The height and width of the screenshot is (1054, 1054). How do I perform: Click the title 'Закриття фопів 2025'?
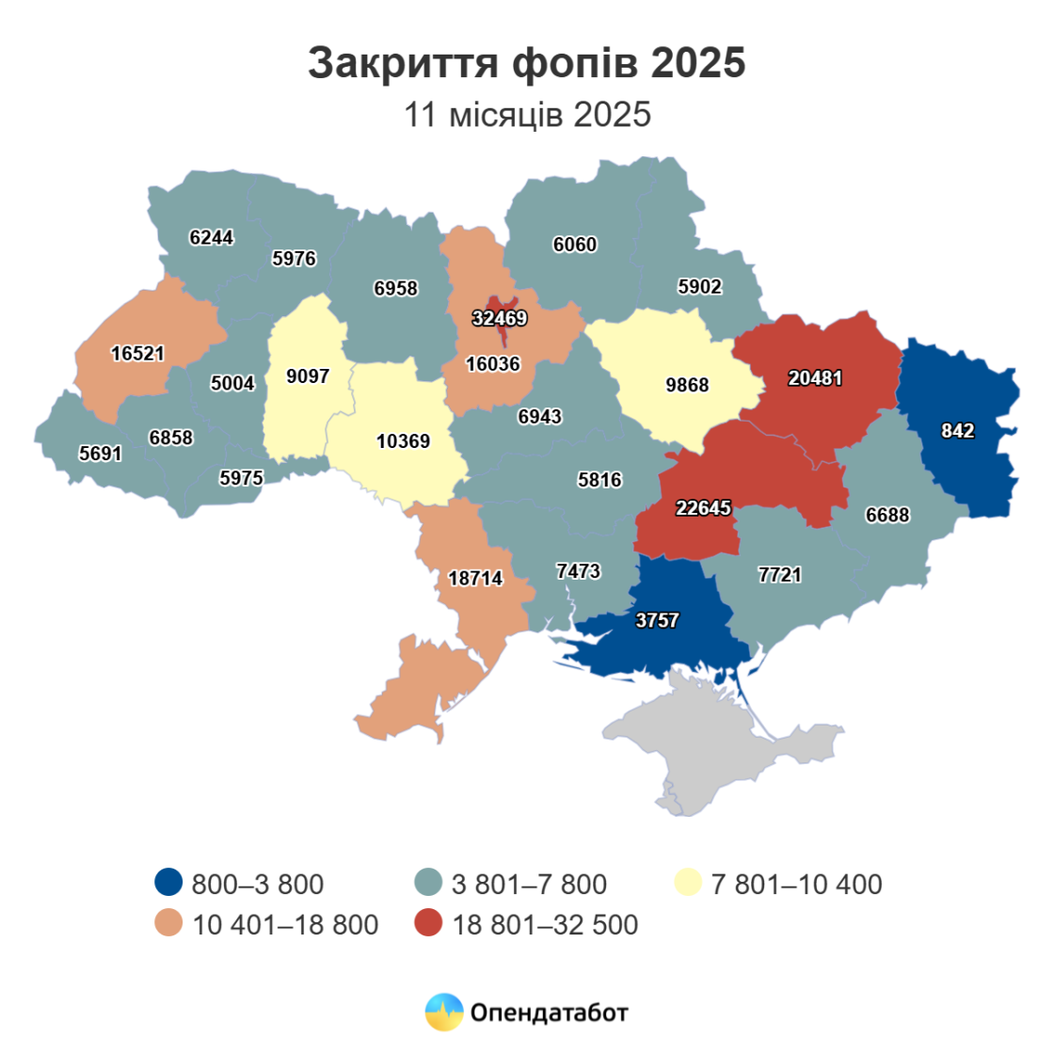coord(527,63)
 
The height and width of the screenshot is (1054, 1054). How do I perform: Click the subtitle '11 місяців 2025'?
coord(527,115)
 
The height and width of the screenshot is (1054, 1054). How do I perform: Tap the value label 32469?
coord(499,318)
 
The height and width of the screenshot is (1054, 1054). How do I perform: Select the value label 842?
coord(957,430)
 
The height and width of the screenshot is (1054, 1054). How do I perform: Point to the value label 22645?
coord(703,508)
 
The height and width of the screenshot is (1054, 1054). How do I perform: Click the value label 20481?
coord(815,378)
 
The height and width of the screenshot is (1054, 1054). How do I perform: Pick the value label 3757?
coord(657,620)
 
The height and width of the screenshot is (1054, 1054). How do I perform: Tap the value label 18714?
coord(475,579)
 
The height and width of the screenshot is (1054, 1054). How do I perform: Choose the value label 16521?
coord(137,354)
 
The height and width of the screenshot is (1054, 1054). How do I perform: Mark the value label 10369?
coord(403,440)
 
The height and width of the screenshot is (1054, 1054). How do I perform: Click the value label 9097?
coord(308,376)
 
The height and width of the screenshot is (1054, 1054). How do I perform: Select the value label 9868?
coord(687,385)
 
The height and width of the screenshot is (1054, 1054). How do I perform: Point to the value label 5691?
coord(101,454)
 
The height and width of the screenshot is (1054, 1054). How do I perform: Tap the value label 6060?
coord(574,245)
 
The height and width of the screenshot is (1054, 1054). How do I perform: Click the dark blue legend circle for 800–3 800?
coord(168,883)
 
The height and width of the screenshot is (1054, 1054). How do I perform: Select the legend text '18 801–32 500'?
coord(545,925)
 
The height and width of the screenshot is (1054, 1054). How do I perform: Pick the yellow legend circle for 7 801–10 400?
coord(688,883)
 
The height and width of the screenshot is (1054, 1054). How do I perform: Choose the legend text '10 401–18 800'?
coord(285,925)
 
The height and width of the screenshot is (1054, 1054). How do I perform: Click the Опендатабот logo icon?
coord(444,1013)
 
